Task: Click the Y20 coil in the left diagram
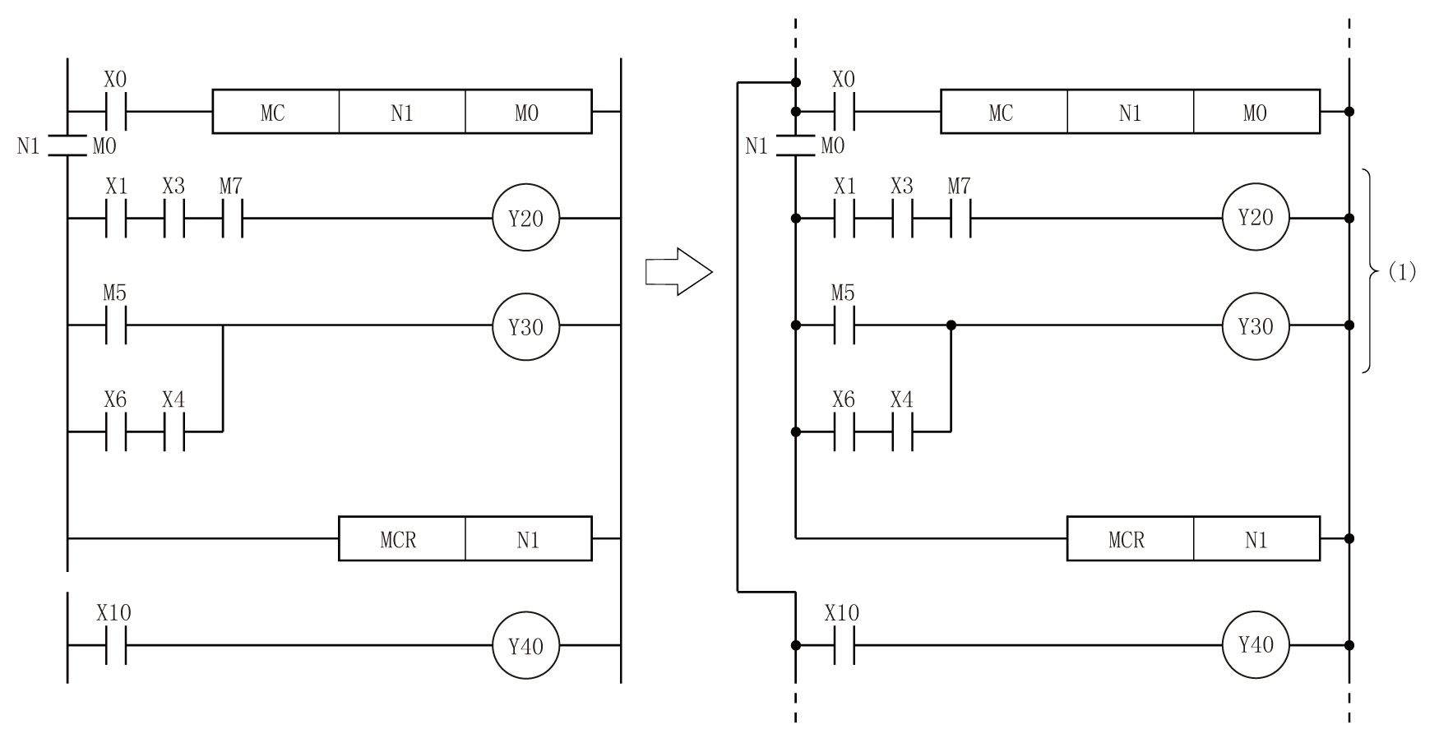(x=525, y=219)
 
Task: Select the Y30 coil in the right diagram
(x=1255, y=325)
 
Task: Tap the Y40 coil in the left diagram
(x=525, y=646)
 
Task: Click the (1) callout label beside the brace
(x=1402, y=272)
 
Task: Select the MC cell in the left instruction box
(x=275, y=112)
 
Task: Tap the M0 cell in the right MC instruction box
(x=1256, y=112)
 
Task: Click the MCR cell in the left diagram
(x=400, y=539)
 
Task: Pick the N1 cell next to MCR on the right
(x=1256, y=539)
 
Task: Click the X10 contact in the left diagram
(x=116, y=646)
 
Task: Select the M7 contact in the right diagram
(x=960, y=219)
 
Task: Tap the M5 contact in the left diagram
(x=116, y=325)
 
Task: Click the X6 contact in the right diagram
(x=844, y=431)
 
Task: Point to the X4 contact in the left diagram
(x=174, y=431)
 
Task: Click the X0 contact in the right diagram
(x=844, y=111)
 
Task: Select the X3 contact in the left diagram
(x=174, y=219)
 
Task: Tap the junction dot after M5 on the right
(x=951, y=325)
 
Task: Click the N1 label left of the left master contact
(x=28, y=147)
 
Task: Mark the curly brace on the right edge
(x=1367, y=271)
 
